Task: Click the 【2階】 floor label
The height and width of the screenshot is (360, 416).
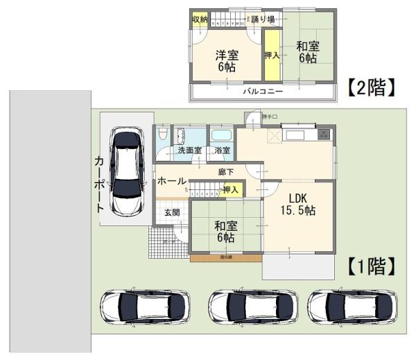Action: pos(371,87)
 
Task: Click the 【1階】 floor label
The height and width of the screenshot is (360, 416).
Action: pos(371,265)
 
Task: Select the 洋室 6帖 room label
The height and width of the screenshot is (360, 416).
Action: pos(225,60)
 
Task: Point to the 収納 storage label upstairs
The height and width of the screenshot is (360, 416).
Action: pos(200,19)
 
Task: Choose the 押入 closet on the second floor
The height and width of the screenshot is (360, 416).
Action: pos(272,54)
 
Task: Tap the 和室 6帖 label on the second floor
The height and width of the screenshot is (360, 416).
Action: pos(308,53)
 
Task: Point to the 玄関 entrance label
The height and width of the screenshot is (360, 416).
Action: pos(172,212)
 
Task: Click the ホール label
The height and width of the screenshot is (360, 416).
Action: pos(171,181)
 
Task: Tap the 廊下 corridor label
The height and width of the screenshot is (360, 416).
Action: pos(225,171)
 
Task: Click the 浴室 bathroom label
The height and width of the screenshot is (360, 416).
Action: pos(222,150)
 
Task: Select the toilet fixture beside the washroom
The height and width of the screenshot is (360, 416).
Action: pos(162,135)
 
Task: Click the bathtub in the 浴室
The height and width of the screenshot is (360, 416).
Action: pos(221,135)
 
